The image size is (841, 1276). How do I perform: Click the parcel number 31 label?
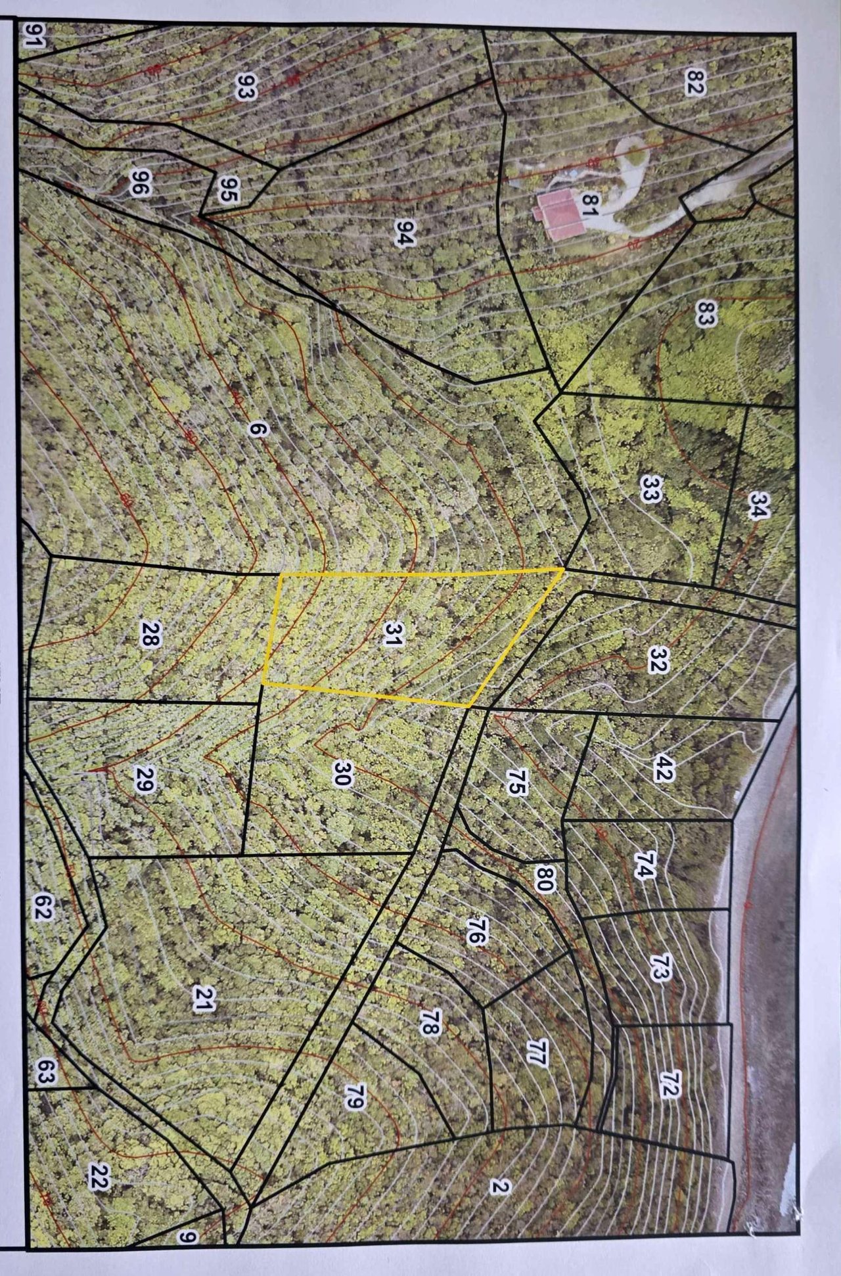(392, 635)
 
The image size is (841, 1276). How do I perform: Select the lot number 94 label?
(404, 232)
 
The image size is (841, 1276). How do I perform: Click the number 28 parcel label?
(149, 634)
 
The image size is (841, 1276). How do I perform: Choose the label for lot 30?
(343, 773)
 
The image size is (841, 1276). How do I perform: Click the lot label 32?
(657, 660)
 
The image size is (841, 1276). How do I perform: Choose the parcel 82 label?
(693, 82)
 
